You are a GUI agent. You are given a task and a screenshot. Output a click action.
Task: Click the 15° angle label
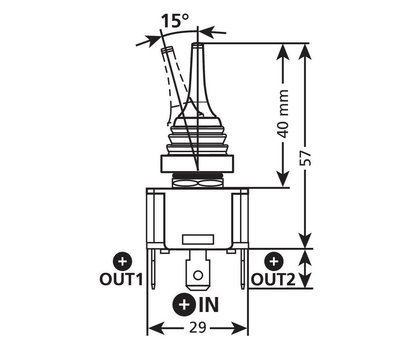pos(174,22)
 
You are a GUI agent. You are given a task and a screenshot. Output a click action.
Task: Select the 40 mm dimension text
pos(284,114)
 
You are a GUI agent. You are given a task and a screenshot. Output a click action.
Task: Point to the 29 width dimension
pos(198,328)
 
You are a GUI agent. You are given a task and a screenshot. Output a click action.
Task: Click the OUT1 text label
pos(121,279)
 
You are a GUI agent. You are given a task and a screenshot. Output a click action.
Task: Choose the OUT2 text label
pos(273,279)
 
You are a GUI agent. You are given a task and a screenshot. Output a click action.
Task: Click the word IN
pos(208,305)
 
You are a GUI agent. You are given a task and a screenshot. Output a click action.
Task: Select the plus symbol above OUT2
pos(274,261)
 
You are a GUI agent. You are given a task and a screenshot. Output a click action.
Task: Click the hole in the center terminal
pos(198,275)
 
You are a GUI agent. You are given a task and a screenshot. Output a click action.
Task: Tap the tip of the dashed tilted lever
pos(166,50)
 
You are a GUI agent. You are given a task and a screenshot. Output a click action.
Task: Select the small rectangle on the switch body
pos(198,239)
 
